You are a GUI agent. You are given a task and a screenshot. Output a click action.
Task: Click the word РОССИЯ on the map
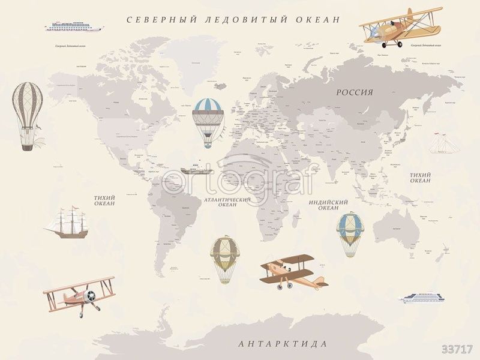click(x=355, y=92)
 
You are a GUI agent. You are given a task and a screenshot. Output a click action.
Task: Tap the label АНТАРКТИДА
click(x=283, y=344)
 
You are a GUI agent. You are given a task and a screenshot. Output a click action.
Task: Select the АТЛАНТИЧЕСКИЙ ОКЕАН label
click(x=227, y=202)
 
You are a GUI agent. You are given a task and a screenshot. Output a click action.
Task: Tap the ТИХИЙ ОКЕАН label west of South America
click(x=104, y=200)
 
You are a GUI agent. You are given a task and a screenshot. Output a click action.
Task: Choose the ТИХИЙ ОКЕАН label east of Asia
click(x=420, y=178)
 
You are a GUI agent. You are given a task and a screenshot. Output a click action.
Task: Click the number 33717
click(x=457, y=349)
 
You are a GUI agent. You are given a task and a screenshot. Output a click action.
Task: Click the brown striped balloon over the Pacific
click(x=28, y=114)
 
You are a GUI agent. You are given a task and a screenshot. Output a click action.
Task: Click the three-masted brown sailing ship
click(x=66, y=223)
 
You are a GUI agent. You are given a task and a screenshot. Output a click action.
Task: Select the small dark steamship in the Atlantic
click(x=196, y=169)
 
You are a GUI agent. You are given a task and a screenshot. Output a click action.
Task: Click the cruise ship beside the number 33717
click(x=422, y=298)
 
